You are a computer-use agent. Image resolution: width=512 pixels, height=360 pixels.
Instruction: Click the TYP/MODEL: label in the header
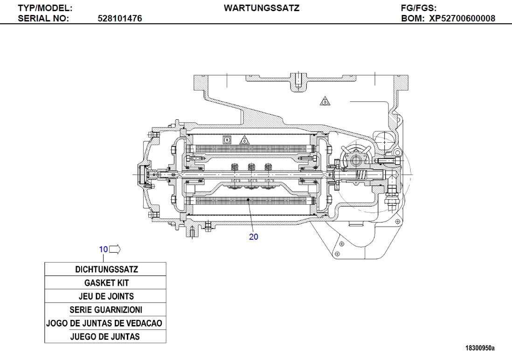[45, 8]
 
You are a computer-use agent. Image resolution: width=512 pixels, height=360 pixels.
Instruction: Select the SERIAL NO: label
[43, 19]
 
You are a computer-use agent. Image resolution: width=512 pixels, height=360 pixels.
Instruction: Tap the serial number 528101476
[120, 19]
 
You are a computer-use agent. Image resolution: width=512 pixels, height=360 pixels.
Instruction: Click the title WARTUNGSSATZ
[262, 8]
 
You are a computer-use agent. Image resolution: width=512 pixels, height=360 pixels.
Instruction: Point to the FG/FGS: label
[418, 8]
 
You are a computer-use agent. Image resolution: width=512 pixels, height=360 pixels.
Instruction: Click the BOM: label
[413, 19]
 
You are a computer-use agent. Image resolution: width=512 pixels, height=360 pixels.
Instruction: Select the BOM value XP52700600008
[462, 19]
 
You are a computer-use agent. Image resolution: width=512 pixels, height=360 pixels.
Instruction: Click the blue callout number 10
[103, 249]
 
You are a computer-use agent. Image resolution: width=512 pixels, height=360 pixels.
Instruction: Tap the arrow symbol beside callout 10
[115, 249]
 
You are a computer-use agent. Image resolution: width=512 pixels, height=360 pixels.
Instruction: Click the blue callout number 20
[254, 236]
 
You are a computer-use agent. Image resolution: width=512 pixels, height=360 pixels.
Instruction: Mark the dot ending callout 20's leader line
[249, 200]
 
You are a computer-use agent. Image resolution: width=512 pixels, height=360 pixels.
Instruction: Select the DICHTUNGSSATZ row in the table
[105, 269]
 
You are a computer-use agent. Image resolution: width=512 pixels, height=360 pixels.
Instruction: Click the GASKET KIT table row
[105, 283]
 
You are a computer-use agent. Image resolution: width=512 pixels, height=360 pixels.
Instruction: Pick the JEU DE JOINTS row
[105, 296]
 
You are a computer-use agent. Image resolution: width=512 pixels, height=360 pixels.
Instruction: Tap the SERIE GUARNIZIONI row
[105, 310]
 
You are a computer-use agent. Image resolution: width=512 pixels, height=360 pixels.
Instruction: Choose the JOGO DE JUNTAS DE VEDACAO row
[105, 323]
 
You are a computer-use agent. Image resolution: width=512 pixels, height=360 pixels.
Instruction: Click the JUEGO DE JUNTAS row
[105, 336]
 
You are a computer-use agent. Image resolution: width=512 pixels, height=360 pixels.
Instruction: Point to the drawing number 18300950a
[480, 348]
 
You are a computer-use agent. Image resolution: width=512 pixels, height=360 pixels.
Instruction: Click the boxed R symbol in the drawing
[227, 139]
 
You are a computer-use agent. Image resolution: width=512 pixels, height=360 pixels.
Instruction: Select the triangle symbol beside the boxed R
[244, 140]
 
